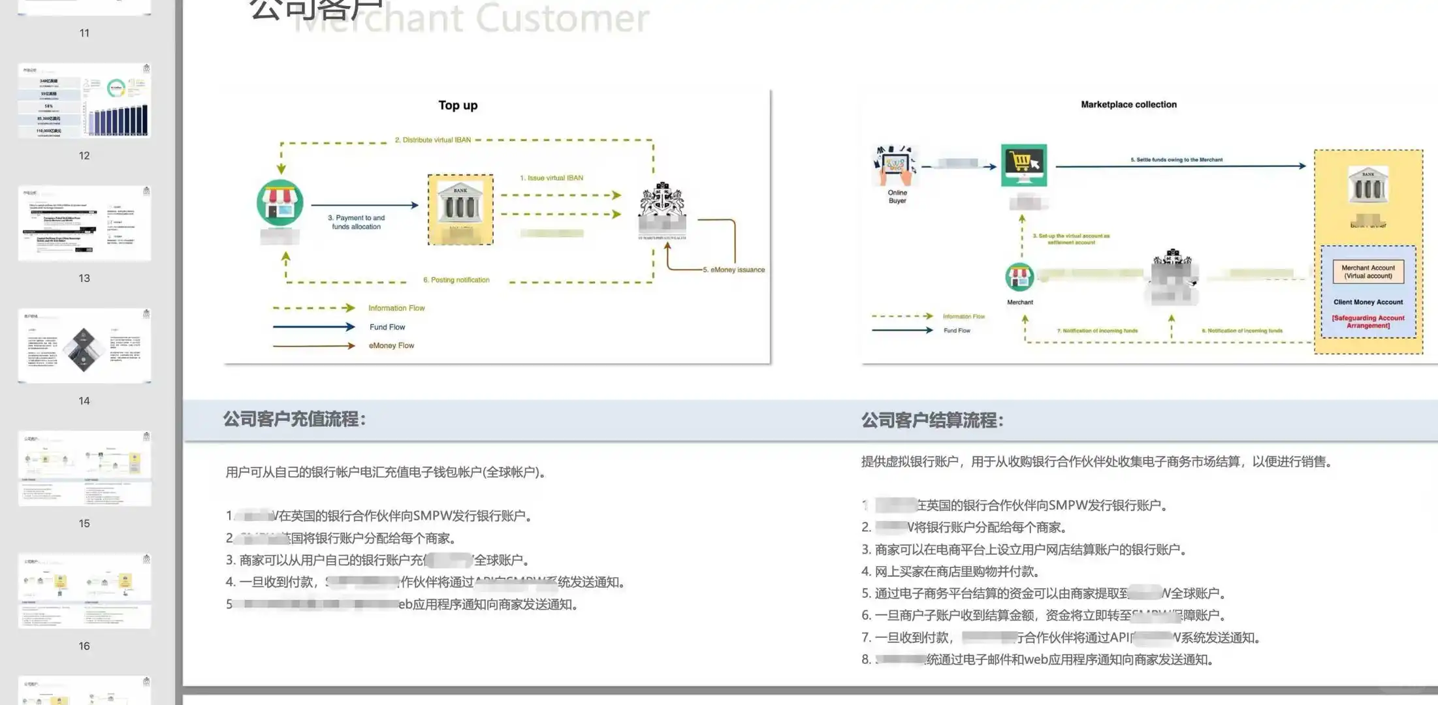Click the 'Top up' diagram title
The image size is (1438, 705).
click(458, 105)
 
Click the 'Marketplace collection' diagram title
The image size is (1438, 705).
click(1128, 104)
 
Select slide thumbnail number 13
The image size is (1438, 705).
click(84, 224)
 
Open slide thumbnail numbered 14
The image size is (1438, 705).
click(84, 346)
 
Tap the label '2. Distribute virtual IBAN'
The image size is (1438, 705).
click(432, 140)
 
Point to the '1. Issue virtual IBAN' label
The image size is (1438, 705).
click(551, 178)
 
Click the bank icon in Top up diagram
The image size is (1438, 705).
click(460, 206)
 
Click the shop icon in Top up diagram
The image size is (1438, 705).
click(280, 203)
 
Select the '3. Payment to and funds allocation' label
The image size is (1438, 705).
click(356, 222)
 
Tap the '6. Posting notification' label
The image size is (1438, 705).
click(456, 280)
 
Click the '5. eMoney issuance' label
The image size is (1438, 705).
click(733, 270)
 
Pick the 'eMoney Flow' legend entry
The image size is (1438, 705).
click(391, 345)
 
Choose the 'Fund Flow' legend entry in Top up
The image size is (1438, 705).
click(387, 327)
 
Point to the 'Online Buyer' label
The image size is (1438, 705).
click(897, 196)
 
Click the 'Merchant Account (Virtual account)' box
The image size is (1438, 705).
click(1368, 272)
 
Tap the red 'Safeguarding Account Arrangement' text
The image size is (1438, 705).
click(1368, 322)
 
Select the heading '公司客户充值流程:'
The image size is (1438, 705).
click(295, 419)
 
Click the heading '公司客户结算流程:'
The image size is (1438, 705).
click(932, 420)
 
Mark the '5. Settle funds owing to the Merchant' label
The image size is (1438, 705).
click(1177, 159)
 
